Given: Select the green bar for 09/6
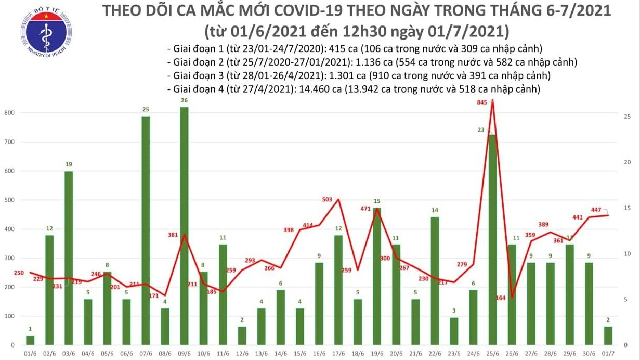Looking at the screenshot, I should point(184,226).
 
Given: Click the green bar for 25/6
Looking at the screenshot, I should point(491,240).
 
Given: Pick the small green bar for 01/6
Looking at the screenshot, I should point(30,340).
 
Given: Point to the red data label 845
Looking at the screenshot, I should point(482,102).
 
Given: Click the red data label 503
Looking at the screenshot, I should point(327,199).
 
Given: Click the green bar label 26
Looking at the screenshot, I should point(184,100).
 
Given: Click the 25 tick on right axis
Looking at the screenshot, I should point(628,117).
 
